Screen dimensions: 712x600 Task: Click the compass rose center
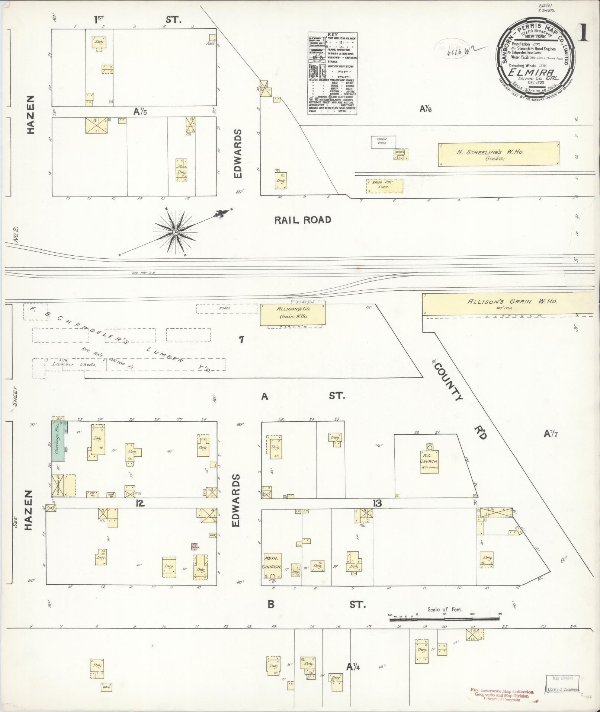[x=175, y=232]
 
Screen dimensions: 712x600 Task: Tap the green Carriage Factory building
[x=58, y=442]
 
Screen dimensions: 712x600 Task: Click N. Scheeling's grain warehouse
[x=498, y=154]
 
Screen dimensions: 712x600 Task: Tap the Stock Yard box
[x=384, y=142]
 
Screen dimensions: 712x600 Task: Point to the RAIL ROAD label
[x=302, y=220]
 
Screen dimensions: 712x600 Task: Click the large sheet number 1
[x=583, y=33]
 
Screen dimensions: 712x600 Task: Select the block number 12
[x=139, y=503]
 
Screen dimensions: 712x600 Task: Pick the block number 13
[x=377, y=504]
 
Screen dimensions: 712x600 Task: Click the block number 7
[x=241, y=339]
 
